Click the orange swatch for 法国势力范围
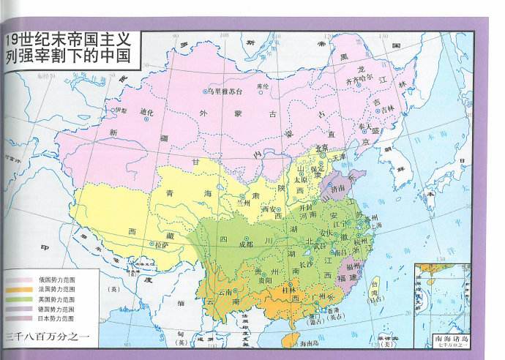pyautogui.click(x=18, y=290)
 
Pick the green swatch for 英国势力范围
pyautogui.click(x=18, y=300)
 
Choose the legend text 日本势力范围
pyautogui.click(x=56, y=319)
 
